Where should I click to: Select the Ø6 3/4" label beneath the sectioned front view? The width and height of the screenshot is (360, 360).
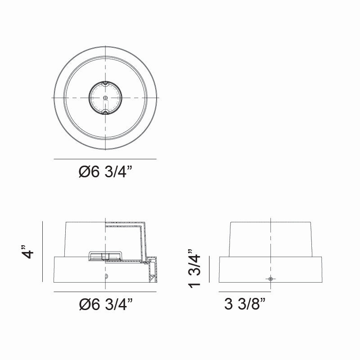click(x=106, y=306)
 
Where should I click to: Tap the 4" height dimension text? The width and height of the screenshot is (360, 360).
click(x=28, y=252)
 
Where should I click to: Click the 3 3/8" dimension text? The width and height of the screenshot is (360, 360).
click(x=244, y=306)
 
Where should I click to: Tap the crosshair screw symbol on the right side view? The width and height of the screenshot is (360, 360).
click(x=270, y=279)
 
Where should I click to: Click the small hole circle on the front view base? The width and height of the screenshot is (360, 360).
click(x=106, y=276)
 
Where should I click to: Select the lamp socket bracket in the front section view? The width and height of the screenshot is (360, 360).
click(x=105, y=256)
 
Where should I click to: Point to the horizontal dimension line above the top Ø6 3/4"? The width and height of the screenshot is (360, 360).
click(x=105, y=159)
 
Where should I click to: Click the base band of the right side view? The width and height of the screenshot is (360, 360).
click(x=270, y=270)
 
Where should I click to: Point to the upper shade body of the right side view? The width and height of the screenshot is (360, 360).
click(x=270, y=238)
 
